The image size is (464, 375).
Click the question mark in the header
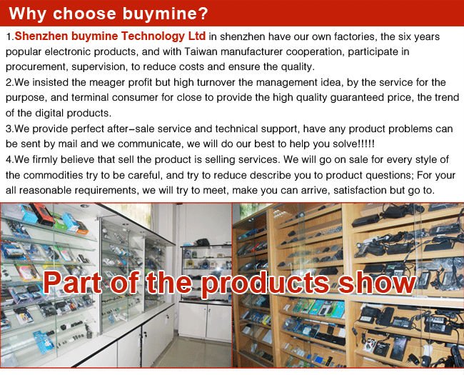203,13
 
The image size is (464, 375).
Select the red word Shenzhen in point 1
41,36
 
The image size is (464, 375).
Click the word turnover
216,82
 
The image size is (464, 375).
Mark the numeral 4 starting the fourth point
9,160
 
